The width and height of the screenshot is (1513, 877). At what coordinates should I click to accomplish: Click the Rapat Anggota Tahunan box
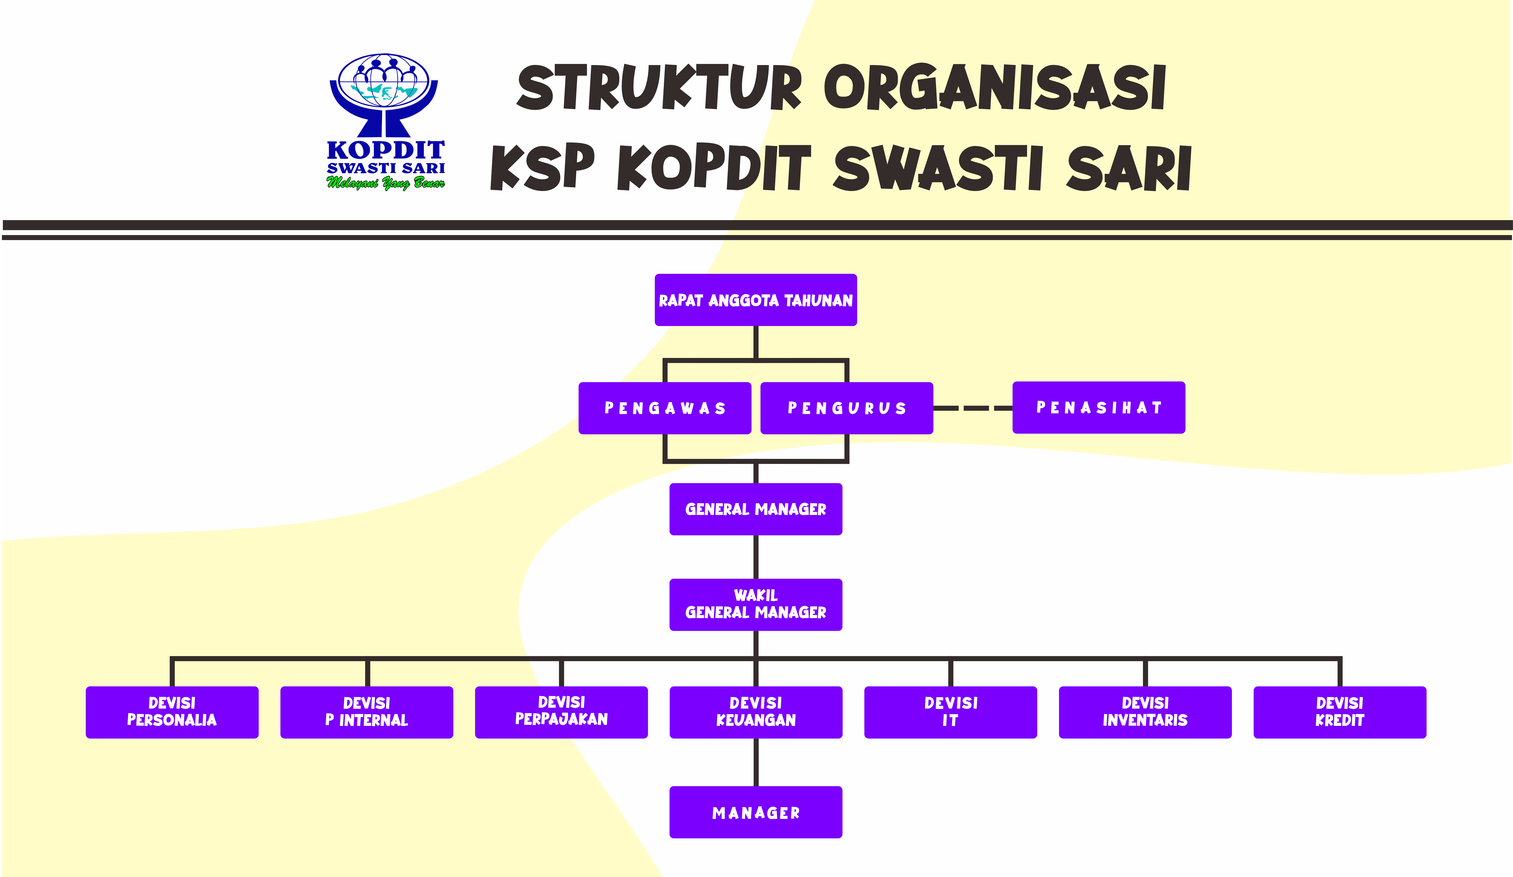click(x=755, y=300)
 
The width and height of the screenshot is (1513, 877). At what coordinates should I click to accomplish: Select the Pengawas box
click(x=665, y=408)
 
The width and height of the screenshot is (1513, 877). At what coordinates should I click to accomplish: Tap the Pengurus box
click(x=847, y=408)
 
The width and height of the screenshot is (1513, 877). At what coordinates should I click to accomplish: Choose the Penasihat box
click(x=1099, y=408)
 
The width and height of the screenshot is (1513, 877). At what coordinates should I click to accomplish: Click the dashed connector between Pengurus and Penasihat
click(x=973, y=408)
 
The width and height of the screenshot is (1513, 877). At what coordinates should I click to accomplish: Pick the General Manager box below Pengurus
click(x=755, y=509)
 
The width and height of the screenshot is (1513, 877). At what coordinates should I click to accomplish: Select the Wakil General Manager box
click(x=755, y=605)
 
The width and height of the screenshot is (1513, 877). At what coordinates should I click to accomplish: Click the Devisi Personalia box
click(x=172, y=712)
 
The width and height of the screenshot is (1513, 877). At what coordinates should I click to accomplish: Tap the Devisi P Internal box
click(x=366, y=712)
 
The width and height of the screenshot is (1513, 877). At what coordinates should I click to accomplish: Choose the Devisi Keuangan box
click(x=755, y=712)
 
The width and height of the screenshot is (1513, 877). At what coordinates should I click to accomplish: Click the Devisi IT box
click(x=950, y=712)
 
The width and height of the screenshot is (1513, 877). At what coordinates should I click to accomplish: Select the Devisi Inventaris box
click(x=1145, y=712)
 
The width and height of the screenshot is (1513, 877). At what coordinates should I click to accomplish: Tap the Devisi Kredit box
click(x=1339, y=712)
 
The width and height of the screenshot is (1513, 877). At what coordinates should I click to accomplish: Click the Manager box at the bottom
click(x=755, y=812)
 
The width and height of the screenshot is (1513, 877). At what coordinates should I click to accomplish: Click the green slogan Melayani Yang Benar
click(x=386, y=183)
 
